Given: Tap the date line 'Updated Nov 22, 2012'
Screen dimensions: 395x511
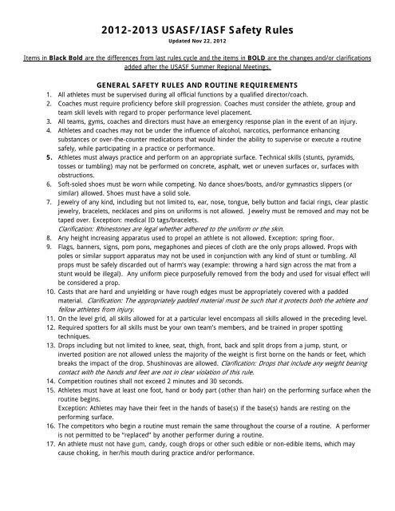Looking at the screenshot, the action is tap(197, 44).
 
